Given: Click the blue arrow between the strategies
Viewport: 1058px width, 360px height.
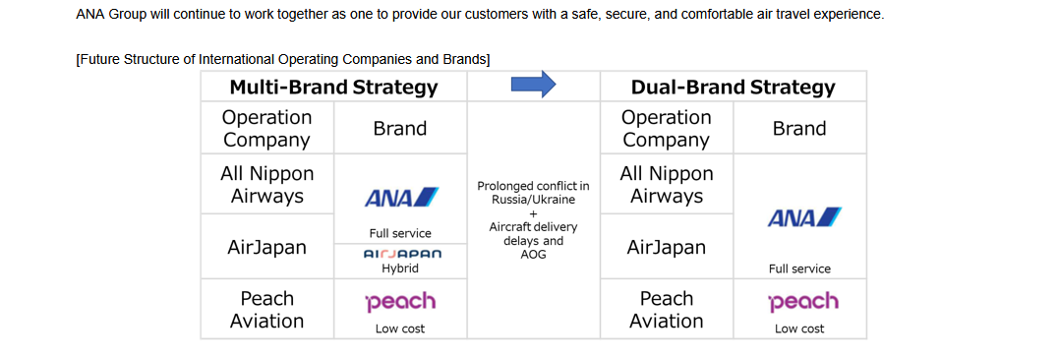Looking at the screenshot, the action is pos(533,84).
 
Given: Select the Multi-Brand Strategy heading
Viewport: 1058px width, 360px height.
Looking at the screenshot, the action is pos(333,88).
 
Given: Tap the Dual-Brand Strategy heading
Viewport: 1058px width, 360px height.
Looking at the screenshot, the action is pos(733,88).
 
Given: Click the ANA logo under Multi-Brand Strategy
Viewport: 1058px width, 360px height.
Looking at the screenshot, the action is pos(401,198).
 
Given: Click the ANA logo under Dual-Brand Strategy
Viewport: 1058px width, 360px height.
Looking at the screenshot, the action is pos(804,217).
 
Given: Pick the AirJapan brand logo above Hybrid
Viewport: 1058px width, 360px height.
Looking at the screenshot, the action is pos(402,255).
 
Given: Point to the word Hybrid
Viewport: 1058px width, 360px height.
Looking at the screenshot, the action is pos(400,269).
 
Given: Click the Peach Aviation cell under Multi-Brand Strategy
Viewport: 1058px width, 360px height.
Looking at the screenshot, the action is pos(267,309).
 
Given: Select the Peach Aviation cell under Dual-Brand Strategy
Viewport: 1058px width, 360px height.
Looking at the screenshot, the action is pos(667,309).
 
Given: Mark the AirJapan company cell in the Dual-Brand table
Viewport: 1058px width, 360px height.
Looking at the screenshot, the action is pos(667,247).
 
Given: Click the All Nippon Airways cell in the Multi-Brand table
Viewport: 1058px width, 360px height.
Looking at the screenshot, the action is pos(267,184).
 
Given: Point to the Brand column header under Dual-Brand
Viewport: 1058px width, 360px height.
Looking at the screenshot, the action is pos(799,128).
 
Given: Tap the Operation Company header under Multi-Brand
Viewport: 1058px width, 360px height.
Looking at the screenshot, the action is pos(267,128).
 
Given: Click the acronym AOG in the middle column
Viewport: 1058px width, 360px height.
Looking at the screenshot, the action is pos(533,256).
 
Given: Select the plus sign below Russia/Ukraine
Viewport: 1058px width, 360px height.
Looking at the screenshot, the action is pos(533,213).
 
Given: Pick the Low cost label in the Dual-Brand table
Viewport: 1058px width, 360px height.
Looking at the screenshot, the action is pos(799,329).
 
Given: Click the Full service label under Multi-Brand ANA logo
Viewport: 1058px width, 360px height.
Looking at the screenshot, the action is pos(400,233).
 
